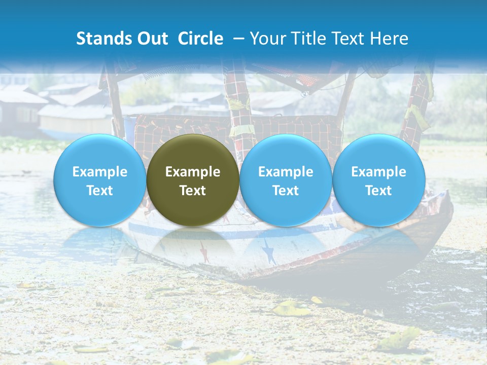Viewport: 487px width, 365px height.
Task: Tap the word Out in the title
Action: pyautogui.click(x=151, y=39)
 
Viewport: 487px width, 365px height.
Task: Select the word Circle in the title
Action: pyautogui.click(x=200, y=39)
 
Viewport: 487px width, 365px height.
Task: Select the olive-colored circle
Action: pyautogui.click(x=193, y=180)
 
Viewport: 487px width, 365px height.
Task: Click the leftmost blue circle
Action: pyautogui.click(x=100, y=180)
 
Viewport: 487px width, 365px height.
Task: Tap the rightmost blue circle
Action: pyautogui.click(x=379, y=180)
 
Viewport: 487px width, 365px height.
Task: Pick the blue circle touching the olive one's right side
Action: pyautogui.click(x=286, y=180)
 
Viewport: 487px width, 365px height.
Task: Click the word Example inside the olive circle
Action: pyautogui.click(x=193, y=172)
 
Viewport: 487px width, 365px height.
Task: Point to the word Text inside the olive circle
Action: pyautogui.click(x=193, y=191)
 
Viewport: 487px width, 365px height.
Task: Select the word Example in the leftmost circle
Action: pyautogui.click(x=100, y=172)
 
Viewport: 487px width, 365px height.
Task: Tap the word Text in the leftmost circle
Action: pyautogui.click(x=100, y=191)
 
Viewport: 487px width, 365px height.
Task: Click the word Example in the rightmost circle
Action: pyautogui.click(x=379, y=172)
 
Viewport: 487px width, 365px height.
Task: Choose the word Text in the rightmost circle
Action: pyautogui.click(x=379, y=191)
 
